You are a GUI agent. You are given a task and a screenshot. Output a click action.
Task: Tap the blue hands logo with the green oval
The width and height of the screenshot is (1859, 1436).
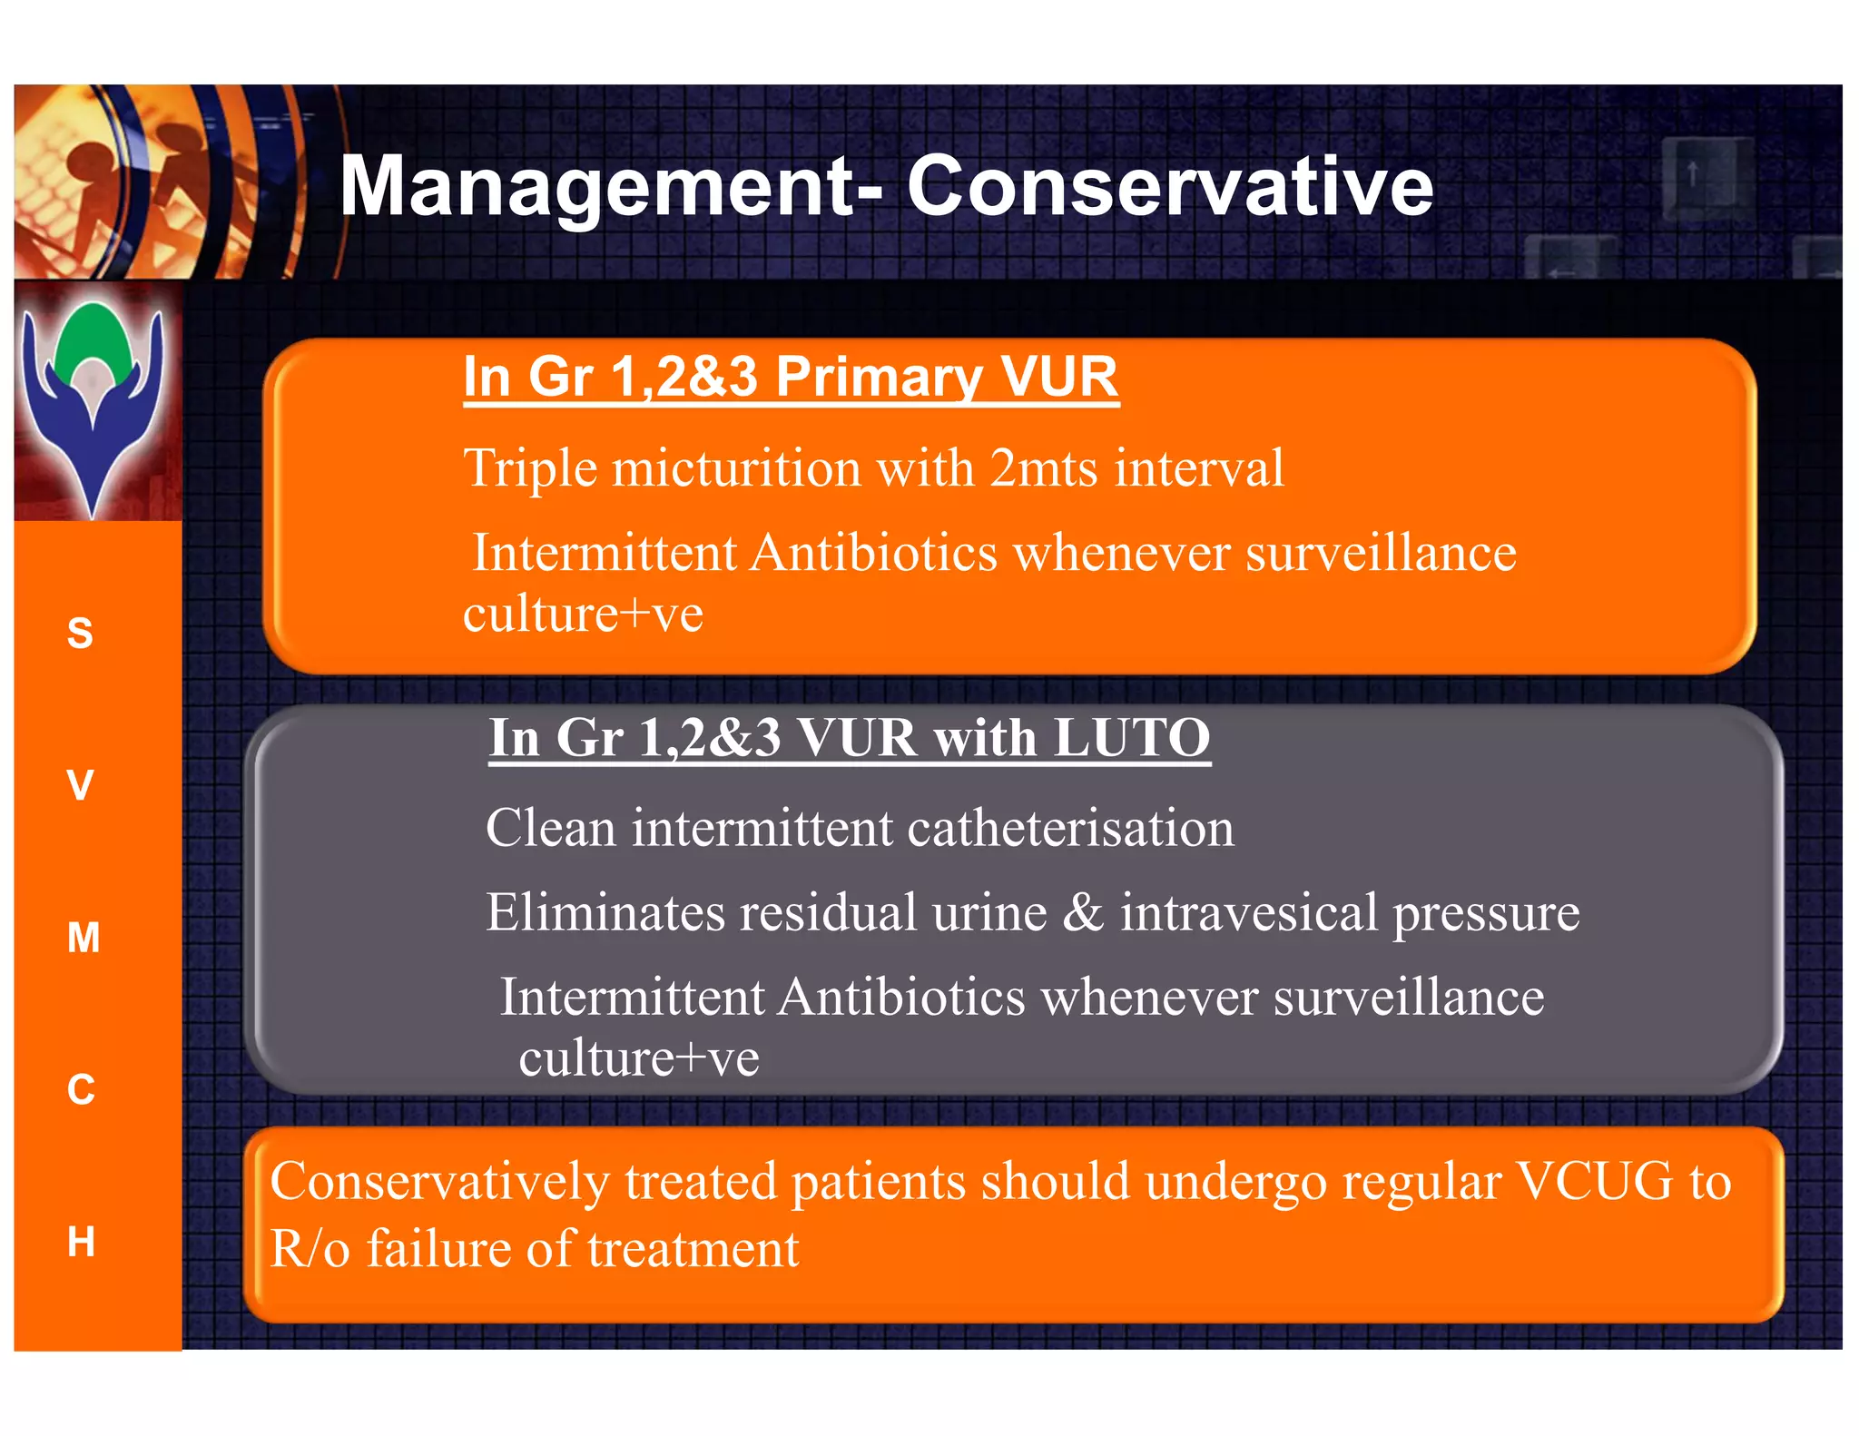pyautogui.click(x=94, y=399)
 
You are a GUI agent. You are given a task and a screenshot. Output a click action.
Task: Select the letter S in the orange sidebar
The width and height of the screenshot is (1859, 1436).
pyautogui.click(x=80, y=633)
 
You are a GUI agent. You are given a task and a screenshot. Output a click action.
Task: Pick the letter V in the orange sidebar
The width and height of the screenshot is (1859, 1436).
pyautogui.click(x=80, y=785)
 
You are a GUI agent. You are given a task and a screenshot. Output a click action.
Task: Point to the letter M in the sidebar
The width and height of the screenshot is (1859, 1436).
pyautogui.click(x=83, y=937)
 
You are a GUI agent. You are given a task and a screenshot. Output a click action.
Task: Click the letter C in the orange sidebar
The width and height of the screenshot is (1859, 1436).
pyautogui.click(x=81, y=1089)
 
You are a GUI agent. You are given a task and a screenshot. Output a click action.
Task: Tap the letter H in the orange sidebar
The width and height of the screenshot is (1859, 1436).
pyautogui.click(x=81, y=1241)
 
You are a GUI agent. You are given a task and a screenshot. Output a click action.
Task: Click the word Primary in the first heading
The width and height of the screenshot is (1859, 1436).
pyautogui.click(x=877, y=377)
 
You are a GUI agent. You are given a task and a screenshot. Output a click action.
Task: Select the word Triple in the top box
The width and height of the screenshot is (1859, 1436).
pyautogui.click(x=530, y=468)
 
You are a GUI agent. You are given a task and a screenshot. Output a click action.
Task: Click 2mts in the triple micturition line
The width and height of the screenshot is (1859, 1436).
pyautogui.click(x=1043, y=468)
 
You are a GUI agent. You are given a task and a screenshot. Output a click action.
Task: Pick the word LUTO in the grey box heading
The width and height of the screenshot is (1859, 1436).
pyautogui.click(x=1131, y=737)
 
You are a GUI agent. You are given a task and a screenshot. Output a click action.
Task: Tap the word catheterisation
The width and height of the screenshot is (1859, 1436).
pyautogui.click(x=1070, y=829)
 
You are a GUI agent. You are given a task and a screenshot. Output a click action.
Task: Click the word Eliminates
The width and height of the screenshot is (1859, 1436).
pyautogui.click(x=605, y=912)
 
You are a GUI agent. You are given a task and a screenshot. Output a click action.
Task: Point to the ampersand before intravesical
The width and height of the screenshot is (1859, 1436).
pyautogui.click(x=1082, y=912)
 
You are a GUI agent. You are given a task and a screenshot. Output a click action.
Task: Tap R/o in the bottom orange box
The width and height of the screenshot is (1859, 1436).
pyautogui.click(x=310, y=1249)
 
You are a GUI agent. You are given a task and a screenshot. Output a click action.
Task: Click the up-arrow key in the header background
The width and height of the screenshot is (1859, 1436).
pyautogui.click(x=1693, y=174)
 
